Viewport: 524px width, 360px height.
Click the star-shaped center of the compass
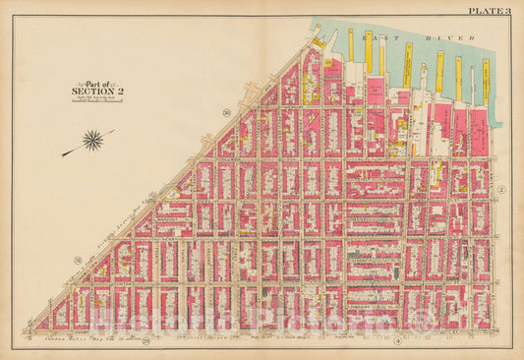(x=93, y=141)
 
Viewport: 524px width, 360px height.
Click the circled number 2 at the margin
(x=500, y=188)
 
